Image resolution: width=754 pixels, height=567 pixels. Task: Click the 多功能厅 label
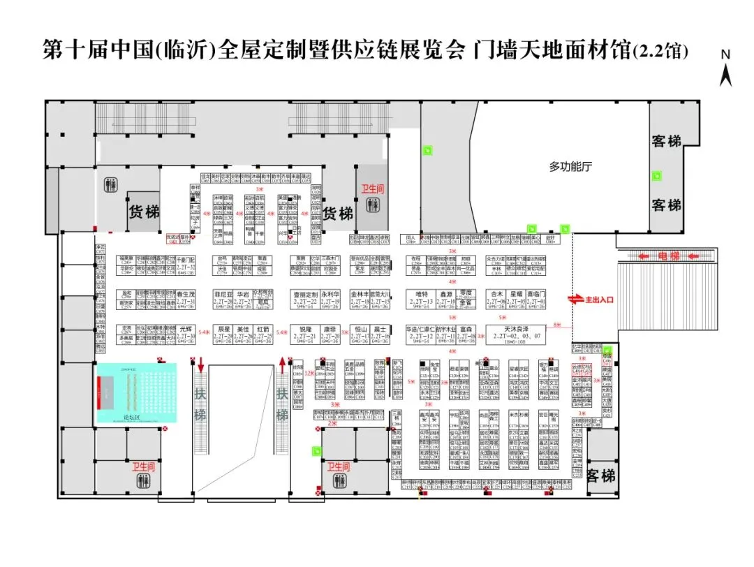tap(570, 167)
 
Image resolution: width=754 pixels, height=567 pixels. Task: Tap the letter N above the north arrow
tap(725, 54)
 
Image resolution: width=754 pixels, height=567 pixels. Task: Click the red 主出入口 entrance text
tap(598, 299)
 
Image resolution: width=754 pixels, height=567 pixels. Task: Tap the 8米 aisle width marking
tap(556, 325)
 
